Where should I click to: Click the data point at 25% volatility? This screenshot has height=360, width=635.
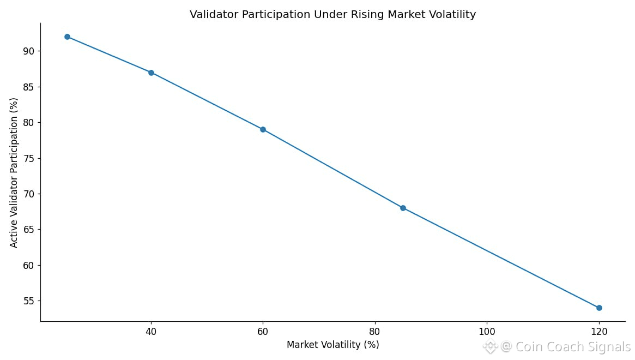click(67, 37)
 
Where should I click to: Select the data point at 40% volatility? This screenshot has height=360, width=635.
click(151, 73)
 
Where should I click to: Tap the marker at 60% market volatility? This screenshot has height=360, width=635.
click(263, 129)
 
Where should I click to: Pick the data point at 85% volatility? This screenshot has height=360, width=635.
click(403, 208)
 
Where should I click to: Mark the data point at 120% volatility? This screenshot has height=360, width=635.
click(599, 308)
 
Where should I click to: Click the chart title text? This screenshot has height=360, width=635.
click(332, 15)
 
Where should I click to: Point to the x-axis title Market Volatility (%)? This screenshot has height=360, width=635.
click(332, 345)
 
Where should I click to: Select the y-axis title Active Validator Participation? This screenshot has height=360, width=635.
click(14, 172)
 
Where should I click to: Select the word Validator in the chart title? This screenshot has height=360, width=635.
click(213, 15)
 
